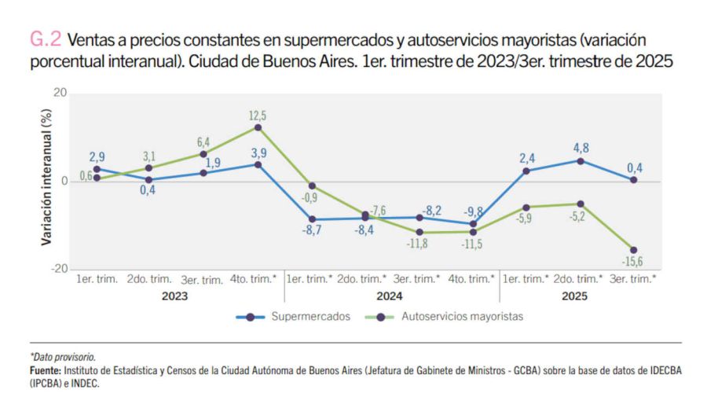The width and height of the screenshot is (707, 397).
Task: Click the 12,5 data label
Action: click(258, 116)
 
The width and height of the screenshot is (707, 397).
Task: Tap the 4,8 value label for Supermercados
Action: click(581, 147)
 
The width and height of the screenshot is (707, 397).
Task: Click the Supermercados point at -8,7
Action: click(312, 219)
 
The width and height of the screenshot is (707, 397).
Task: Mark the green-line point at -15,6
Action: click(633, 250)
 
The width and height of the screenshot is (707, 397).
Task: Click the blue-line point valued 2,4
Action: click(526, 171)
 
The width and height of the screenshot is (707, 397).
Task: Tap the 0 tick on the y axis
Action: click(64, 182)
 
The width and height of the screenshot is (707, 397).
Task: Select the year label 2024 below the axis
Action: click(390, 296)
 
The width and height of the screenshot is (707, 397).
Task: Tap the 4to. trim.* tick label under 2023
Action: click(257, 279)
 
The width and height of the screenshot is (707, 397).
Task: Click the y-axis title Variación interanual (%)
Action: click(46, 182)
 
